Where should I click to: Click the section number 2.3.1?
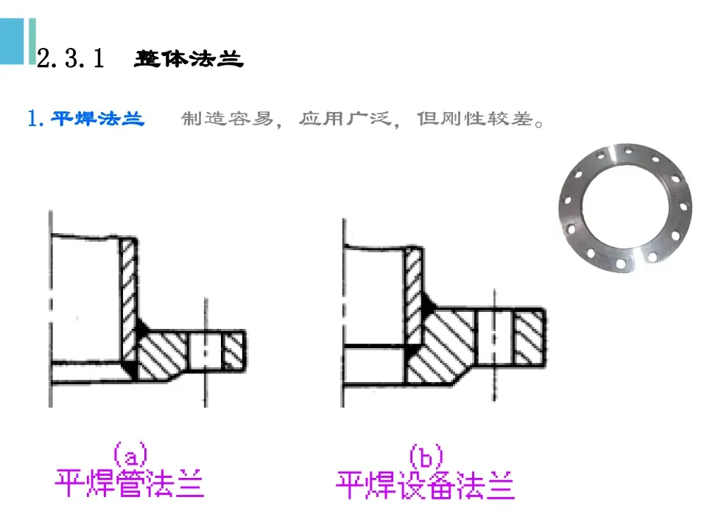pyautogui.click(x=72, y=59)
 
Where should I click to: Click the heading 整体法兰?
pyautogui.click(x=189, y=59)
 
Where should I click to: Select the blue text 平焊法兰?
pyautogui.click(x=98, y=119)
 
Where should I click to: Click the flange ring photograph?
pyautogui.click(x=625, y=209)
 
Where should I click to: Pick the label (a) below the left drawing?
pyautogui.click(x=130, y=453)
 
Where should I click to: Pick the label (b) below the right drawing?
pyautogui.click(x=426, y=456)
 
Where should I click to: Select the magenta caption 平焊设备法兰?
pyautogui.click(x=425, y=485)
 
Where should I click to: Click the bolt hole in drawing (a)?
pyautogui.click(x=206, y=350)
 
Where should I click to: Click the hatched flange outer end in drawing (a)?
pyautogui.click(x=234, y=350)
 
